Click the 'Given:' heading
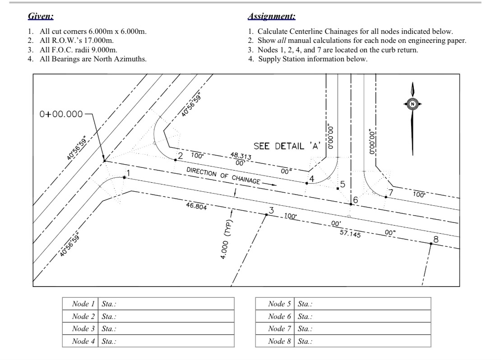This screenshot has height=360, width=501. pyautogui.click(x=41, y=17)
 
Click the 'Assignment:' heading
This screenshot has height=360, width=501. pyautogui.click(x=272, y=17)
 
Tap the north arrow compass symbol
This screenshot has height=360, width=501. pyautogui.click(x=412, y=104)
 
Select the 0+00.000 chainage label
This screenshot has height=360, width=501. pyautogui.click(x=61, y=114)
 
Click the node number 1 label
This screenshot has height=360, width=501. pyautogui.click(x=128, y=172)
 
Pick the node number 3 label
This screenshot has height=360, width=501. pyautogui.click(x=271, y=210)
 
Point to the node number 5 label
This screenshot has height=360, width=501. pyautogui.click(x=343, y=184)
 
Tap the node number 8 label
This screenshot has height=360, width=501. pyautogui.click(x=436, y=239)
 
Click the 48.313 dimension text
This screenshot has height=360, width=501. pyautogui.click(x=241, y=156)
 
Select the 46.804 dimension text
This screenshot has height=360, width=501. pyautogui.click(x=196, y=206)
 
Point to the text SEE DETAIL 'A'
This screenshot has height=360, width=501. pyautogui.click(x=287, y=146)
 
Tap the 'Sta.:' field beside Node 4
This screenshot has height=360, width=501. pyautogui.click(x=166, y=341)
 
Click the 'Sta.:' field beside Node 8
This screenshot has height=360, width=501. pyautogui.click(x=362, y=341)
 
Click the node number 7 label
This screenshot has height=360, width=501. pyautogui.click(x=391, y=192)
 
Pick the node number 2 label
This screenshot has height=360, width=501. pyautogui.click(x=180, y=156)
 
